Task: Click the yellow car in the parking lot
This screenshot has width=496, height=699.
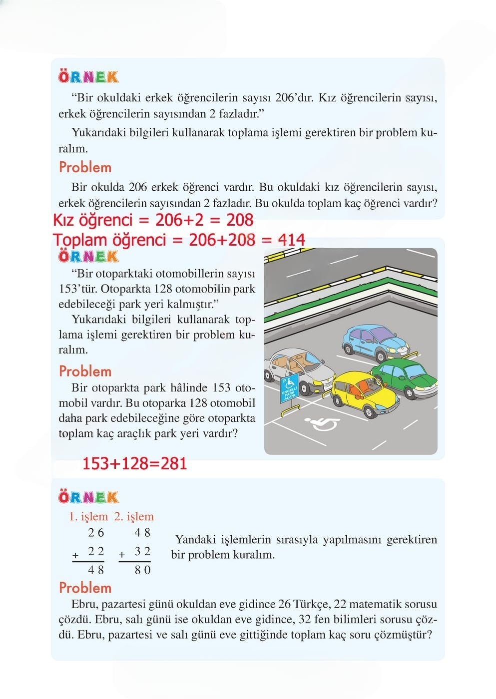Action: [x=363, y=392]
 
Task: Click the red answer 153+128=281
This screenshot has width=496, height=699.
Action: [x=134, y=463]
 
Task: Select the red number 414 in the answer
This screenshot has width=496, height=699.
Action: [x=292, y=240]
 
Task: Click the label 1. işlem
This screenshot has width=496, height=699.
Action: [x=88, y=517]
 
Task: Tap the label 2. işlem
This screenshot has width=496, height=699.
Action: [x=134, y=517]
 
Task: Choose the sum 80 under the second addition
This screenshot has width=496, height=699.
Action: [x=142, y=570]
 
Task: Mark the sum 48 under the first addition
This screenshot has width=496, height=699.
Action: [x=96, y=570]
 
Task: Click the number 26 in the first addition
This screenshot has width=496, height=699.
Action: [x=96, y=533]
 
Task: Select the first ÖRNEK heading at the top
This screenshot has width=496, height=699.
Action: [x=88, y=77]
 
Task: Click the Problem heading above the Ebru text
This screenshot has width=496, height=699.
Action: [x=85, y=588]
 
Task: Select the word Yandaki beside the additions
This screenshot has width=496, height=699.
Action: [x=195, y=540]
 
